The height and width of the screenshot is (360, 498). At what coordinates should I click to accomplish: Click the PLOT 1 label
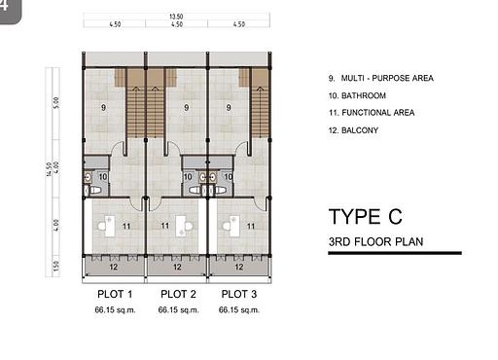tap(115, 293)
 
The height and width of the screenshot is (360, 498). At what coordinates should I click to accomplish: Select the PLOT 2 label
tap(178, 293)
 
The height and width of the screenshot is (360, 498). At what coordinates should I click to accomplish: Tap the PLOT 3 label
tap(239, 293)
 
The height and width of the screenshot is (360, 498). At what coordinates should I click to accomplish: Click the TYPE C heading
tap(365, 216)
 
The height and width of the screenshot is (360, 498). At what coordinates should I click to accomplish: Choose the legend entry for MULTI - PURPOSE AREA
tap(381, 78)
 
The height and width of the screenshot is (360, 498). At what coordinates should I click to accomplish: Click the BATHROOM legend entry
tap(359, 95)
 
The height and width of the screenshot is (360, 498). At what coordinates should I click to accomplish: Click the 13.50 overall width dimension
tap(176, 17)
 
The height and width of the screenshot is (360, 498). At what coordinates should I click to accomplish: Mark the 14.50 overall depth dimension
tap(49, 170)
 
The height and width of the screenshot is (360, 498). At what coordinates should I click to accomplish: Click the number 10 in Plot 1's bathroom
tap(101, 177)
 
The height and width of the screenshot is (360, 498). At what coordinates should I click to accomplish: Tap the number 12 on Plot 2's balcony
tap(176, 265)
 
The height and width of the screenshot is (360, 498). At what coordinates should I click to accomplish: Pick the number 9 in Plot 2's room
tap(167, 107)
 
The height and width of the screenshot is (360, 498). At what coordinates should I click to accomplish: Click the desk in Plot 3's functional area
tap(229, 224)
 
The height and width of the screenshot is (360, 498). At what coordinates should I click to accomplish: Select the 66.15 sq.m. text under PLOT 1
tap(115, 310)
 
